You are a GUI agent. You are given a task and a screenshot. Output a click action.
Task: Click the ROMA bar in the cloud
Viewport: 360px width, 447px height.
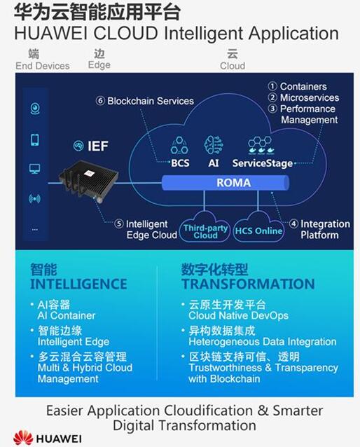click(226, 183)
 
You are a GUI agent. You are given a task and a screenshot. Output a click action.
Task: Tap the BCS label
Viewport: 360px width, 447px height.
click(180, 163)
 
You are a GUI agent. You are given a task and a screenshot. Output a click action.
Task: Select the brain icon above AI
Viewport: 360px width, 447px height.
click(214, 146)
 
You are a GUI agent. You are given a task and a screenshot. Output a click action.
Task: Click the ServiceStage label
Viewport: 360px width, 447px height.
click(263, 163)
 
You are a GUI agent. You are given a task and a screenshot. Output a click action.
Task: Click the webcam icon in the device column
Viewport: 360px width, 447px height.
click(35, 109)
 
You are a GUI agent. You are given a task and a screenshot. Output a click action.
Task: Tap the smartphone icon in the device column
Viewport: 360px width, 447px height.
click(35, 139)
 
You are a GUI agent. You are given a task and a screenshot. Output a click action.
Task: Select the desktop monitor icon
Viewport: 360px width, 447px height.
click(35, 169)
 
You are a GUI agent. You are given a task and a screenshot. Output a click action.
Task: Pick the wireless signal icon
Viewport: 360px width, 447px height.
click(34, 199)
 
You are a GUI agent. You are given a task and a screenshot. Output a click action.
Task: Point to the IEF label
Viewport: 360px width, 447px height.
click(98, 146)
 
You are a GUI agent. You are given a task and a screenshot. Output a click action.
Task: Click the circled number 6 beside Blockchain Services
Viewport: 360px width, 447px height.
click(100, 101)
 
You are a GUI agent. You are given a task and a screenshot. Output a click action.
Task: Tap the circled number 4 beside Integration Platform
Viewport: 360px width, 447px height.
click(293, 224)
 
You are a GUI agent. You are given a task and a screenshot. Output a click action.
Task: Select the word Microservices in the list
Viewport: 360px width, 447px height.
click(310, 97)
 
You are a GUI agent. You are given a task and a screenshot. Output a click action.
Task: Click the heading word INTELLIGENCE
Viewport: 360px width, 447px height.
click(78, 284)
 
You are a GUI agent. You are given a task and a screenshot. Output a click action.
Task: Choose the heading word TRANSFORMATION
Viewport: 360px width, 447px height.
click(248, 284)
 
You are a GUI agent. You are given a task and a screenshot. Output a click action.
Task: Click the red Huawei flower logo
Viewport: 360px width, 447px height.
click(23, 438)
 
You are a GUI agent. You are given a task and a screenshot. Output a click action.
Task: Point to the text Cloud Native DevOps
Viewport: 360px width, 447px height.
click(238, 315)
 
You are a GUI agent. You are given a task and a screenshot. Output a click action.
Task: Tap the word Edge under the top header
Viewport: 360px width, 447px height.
click(99, 65)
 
